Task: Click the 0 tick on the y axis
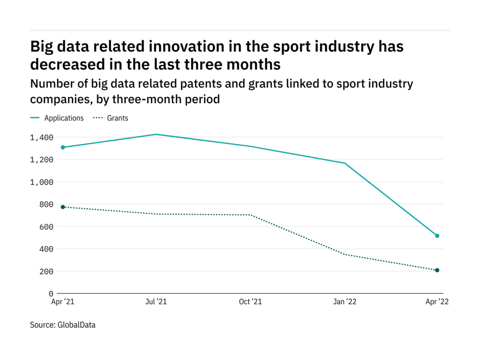(x=51, y=294)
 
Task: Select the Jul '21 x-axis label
(x=156, y=302)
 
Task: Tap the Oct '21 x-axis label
(x=250, y=302)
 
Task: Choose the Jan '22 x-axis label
(x=345, y=302)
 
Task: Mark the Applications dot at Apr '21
(x=62, y=147)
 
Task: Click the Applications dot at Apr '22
(x=437, y=236)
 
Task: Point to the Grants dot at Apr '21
(x=62, y=207)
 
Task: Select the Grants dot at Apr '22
(x=437, y=270)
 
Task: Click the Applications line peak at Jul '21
(x=156, y=135)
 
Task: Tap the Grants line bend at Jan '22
(x=345, y=255)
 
